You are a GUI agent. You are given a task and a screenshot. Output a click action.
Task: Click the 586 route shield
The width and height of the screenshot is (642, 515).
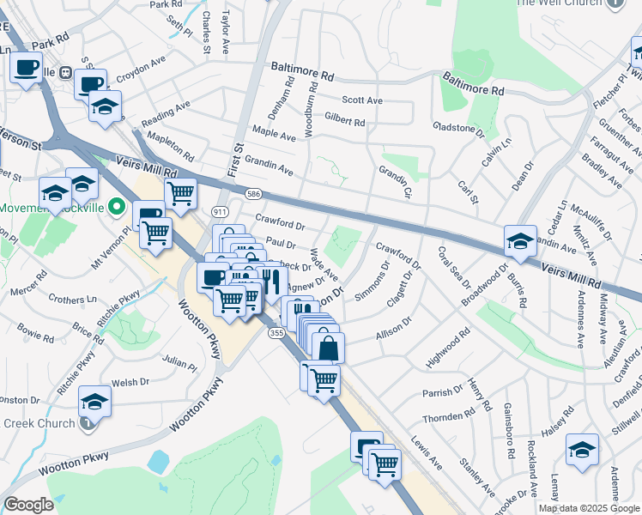255,195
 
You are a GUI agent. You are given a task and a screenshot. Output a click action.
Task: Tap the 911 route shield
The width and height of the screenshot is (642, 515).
221,210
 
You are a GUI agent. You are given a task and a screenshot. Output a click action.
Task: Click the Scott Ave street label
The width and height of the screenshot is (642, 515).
361,100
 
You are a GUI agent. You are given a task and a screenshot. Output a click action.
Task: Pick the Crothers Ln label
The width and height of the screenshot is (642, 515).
72,300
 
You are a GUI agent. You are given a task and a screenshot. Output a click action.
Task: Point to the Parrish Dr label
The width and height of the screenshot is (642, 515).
442,393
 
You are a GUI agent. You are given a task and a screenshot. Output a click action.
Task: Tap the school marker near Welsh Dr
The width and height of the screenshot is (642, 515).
94,401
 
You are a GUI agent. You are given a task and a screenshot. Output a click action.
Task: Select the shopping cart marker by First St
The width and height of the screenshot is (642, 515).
180,192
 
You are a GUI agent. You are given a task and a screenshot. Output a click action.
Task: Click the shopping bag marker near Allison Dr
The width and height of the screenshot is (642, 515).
328,348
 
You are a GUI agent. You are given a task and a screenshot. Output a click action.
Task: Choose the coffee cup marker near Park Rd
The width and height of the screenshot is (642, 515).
27,66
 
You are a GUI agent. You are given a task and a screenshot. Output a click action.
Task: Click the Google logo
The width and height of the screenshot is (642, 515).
28,505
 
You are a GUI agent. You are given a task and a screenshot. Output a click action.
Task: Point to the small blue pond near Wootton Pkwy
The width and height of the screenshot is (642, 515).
158,462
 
